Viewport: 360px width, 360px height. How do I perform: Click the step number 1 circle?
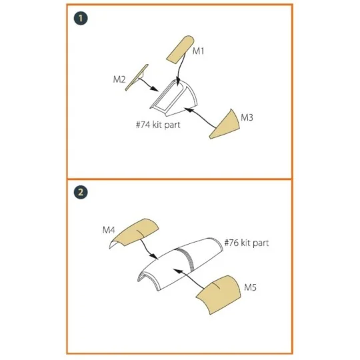81,18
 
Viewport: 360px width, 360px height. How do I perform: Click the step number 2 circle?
81,192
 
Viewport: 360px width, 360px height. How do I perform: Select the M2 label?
119,80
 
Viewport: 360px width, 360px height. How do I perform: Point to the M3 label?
247,117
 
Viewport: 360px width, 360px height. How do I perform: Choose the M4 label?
109,229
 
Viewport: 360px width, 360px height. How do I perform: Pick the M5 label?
250,287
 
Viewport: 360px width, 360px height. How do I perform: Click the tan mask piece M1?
179,49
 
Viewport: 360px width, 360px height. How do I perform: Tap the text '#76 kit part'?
246,243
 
